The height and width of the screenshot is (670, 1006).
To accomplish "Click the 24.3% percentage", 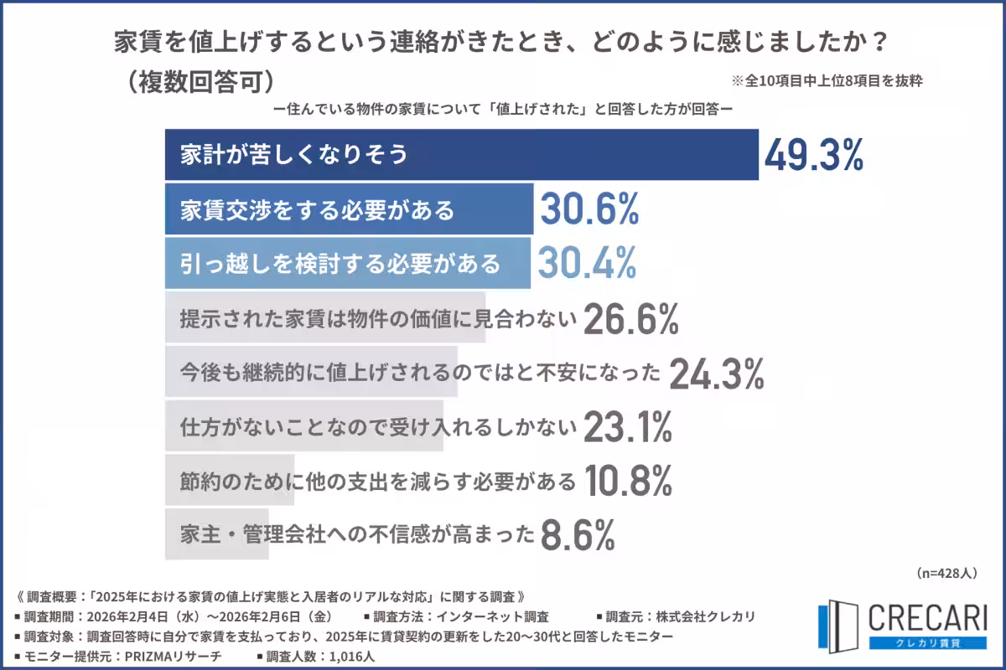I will coord(716,374).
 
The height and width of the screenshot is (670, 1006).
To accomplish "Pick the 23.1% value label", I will coord(627,427).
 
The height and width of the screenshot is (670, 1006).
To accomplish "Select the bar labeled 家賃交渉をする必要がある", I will coord(318,209).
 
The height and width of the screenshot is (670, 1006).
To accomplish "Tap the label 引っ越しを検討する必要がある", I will coord(340,263).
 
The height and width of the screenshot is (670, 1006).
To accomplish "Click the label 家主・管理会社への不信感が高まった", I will coord(356,533).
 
